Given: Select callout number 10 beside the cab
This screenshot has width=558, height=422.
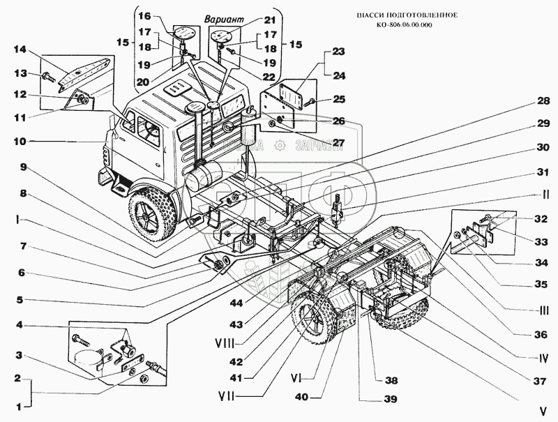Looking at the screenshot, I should pos(19,142).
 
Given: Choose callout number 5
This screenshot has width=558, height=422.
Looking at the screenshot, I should pos(19,301).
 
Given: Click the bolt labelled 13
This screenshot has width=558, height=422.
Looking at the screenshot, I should pos(47,76).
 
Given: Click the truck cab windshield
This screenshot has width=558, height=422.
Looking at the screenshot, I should pos(146,126).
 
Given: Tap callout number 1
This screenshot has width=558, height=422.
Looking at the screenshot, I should pos(19,405).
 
